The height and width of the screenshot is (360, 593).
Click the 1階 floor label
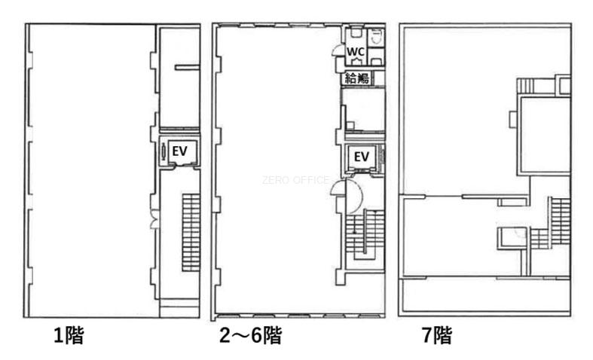[x=69, y=335]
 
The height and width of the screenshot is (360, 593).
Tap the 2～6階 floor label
[x=250, y=335]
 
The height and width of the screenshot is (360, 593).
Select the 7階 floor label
[x=437, y=335]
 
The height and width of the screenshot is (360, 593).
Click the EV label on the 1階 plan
[x=179, y=151]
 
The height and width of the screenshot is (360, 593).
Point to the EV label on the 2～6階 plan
[x=362, y=156]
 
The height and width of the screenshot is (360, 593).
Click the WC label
[x=356, y=52]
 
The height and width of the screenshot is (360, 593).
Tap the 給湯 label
[x=357, y=78]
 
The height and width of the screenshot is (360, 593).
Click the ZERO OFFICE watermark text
[x=295, y=180]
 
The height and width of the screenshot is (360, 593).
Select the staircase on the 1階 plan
[x=191, y=232]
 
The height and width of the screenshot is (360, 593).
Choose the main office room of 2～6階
[x=276, y=170]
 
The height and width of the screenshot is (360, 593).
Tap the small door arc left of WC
[x=336, y=50]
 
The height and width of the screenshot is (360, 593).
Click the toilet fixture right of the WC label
[x=376, y=37]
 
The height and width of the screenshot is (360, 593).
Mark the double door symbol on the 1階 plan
[x=154, y=220]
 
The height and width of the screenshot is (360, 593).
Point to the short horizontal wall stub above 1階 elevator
[x=187, y=68]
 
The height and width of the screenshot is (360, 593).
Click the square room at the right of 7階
[x=544, y=135]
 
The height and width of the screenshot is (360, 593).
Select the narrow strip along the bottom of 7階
[x=484, y=296]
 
